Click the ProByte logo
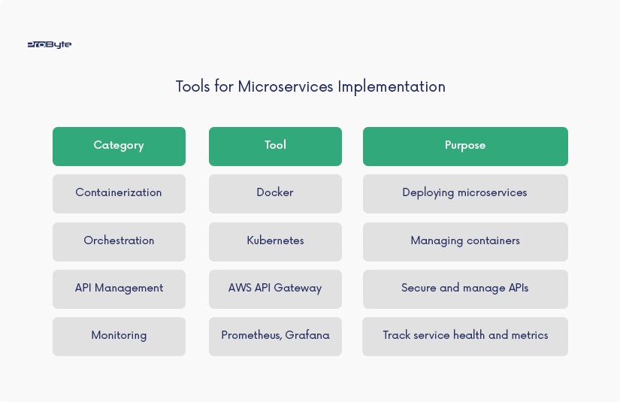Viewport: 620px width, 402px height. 50,44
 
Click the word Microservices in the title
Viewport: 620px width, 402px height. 286,86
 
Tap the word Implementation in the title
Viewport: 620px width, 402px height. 392,87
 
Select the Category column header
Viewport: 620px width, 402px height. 119,147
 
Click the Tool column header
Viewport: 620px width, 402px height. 275,147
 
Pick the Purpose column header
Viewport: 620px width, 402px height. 465,147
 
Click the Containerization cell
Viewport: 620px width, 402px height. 119,194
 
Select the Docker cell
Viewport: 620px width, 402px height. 275,194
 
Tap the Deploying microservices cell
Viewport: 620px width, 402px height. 465,194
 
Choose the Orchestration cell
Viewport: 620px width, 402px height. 119,241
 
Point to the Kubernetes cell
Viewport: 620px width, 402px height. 275,241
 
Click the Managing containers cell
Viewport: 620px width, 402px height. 465,241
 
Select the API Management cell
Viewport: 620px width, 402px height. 119,289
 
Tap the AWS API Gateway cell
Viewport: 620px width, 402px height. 275,289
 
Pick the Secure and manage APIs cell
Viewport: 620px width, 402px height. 465,289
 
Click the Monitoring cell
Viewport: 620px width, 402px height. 119,337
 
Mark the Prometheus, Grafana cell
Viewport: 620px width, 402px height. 275,337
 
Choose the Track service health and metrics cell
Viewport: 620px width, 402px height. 465,337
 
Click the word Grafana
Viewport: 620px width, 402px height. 307,335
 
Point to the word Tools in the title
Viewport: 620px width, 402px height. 193,86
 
